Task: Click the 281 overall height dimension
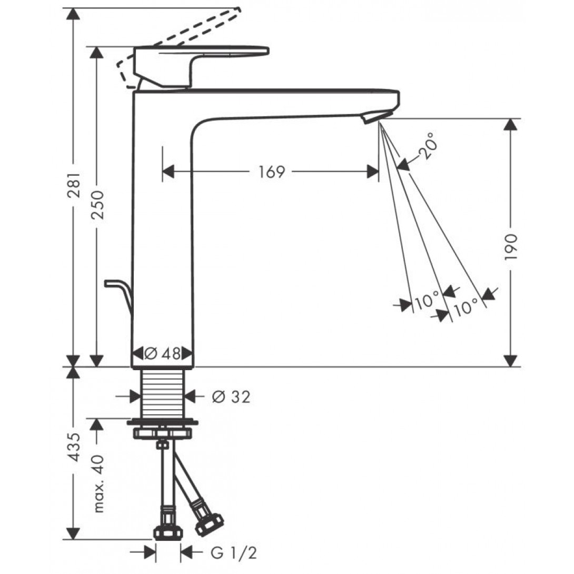tap(74, 185)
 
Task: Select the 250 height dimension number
tap(97, 205)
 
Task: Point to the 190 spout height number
tap(511, 247)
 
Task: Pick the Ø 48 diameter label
tap(162, 354)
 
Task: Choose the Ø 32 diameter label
tap(231, 397)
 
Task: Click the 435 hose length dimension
tap(74, 447)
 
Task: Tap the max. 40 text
tap(98, 483)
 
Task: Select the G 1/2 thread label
tap(234, 553)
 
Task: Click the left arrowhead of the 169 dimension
tap(168, 171)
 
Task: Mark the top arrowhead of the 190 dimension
tap(511, 124)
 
